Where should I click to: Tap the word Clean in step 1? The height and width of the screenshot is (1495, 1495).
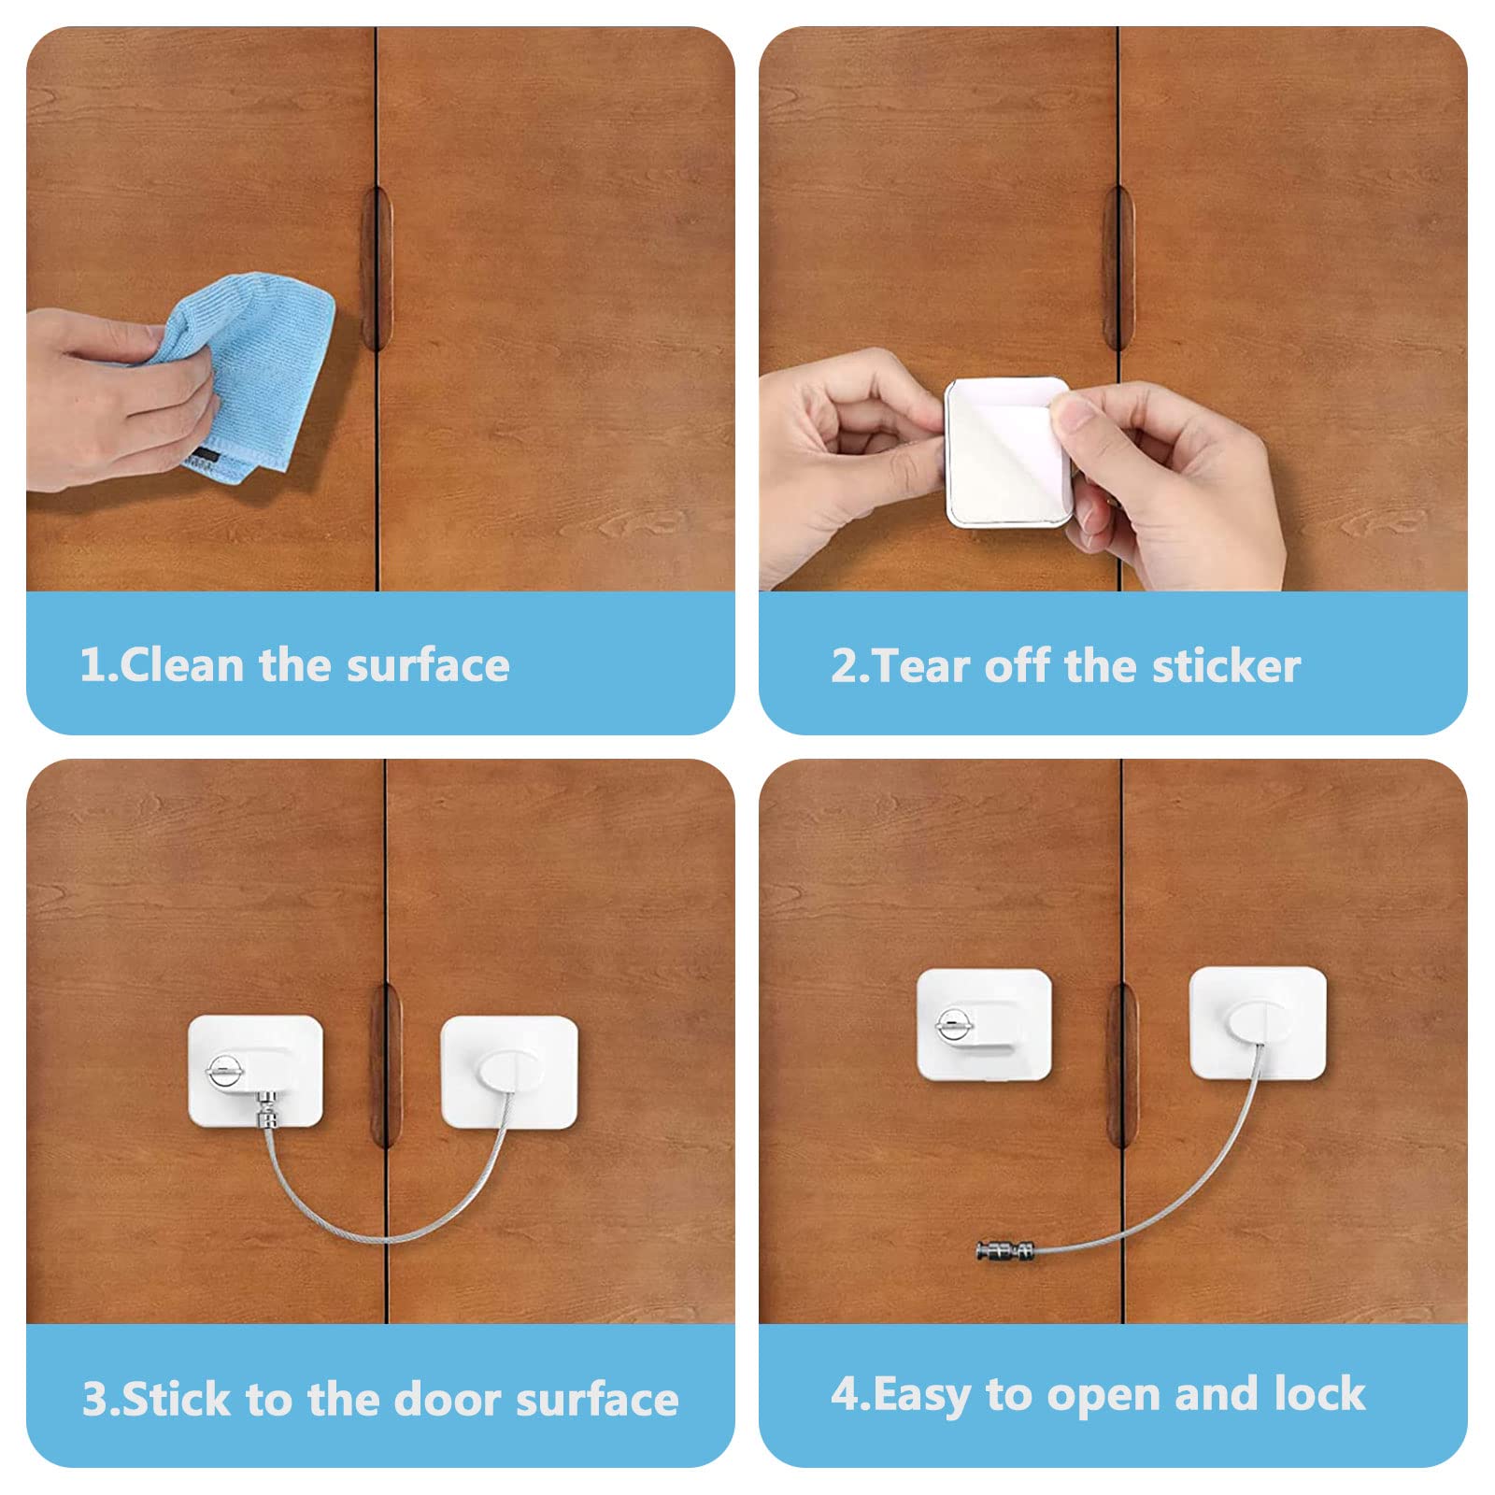click(x=181, y=665)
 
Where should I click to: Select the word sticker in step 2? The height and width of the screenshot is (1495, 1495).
click(x=1226, y=666)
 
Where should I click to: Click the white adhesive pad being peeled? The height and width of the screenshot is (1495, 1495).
click(x=1007, y=452)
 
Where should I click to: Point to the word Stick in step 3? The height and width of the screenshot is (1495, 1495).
click(x=176, y=1399)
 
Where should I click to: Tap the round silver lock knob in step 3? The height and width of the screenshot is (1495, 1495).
click(x=223, y=1071)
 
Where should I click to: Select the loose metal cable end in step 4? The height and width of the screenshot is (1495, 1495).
click(x=1004, y=1249)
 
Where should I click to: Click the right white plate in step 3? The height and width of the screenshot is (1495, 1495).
click(x=509, y=1073)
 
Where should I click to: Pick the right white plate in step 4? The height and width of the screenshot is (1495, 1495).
click(x=1258, y=1024)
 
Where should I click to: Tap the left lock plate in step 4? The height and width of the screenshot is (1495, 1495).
click(x=984, y=1025)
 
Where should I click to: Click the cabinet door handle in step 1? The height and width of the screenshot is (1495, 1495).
click(x=375, y=268)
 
